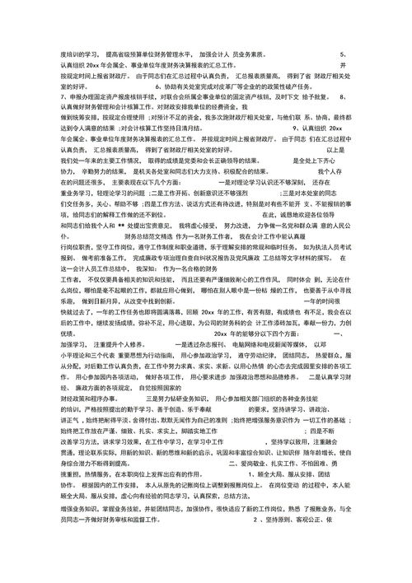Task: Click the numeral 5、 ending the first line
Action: pyautogui.click(x=343, y=53)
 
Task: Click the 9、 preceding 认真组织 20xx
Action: pyautogui.click(x=298, y=128)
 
